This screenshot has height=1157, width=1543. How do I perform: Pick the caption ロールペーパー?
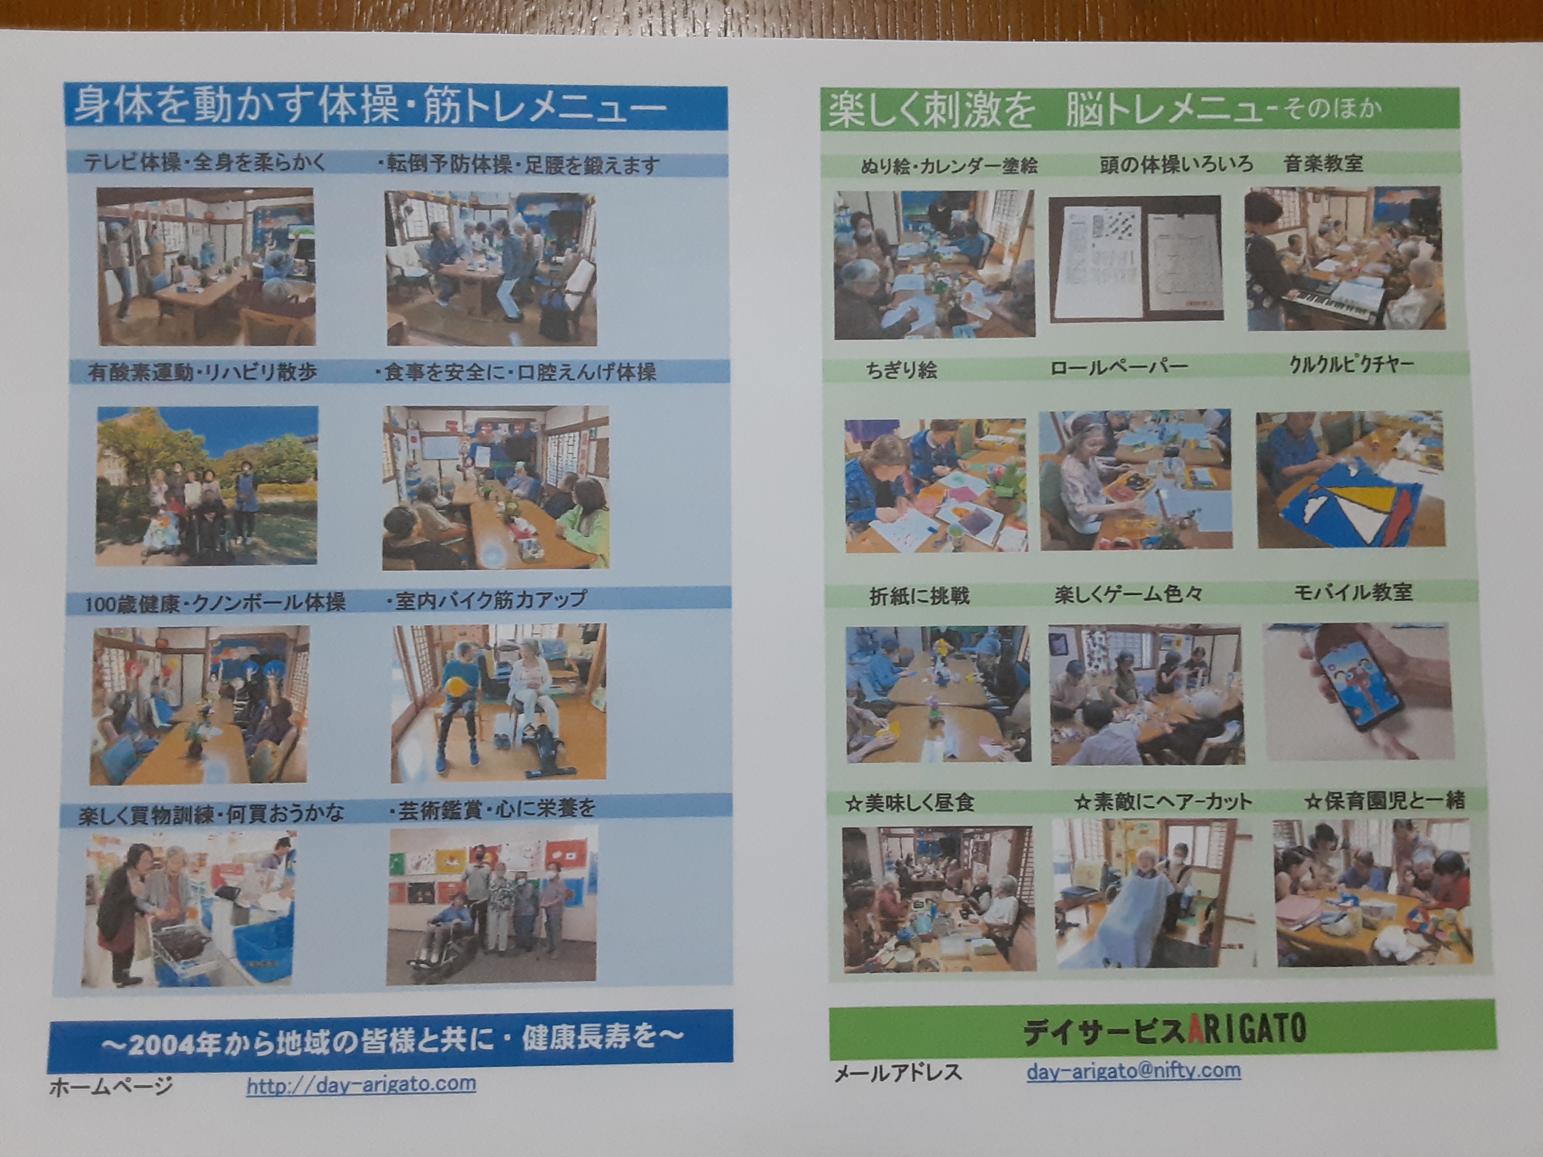(x=1119, y=366)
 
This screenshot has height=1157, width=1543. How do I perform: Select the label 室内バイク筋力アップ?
(x=489, y=600)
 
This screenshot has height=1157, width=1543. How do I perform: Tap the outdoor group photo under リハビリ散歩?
(x=207, y=485)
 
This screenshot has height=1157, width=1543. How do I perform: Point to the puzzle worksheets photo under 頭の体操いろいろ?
(x=1136, y=259)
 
